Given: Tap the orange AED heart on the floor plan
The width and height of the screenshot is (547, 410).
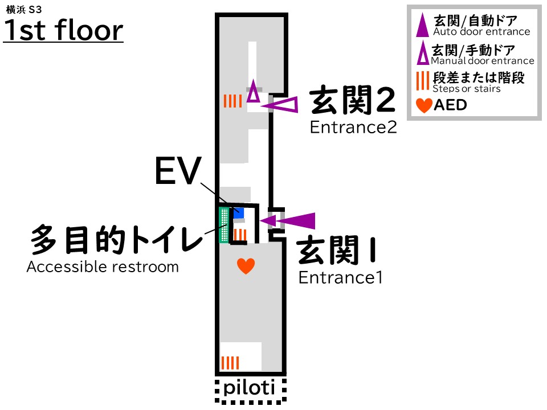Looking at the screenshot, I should (246, 265).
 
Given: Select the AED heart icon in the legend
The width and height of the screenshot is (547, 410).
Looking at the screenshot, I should (424, 106).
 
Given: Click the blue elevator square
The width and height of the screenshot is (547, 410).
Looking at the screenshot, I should (238, 213).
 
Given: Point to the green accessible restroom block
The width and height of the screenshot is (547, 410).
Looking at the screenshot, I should (224, 225).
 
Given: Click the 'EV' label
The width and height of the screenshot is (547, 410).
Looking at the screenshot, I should (178, 170).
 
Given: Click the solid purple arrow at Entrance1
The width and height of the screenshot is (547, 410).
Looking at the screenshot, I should (288, 220).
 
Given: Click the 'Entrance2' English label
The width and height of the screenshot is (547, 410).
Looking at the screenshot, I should (353, 128).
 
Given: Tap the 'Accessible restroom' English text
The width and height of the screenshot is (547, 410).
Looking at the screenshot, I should (103, 266).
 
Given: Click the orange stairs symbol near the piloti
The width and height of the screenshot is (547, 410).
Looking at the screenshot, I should (230, 363).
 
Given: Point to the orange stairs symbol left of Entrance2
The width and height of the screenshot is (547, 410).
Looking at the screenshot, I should (232, 101).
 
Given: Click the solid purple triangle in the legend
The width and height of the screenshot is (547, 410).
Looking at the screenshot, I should (422, 25).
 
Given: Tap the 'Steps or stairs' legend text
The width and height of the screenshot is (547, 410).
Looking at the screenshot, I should (467, 89).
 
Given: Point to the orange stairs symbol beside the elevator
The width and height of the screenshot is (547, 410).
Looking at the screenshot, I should (240, 234).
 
